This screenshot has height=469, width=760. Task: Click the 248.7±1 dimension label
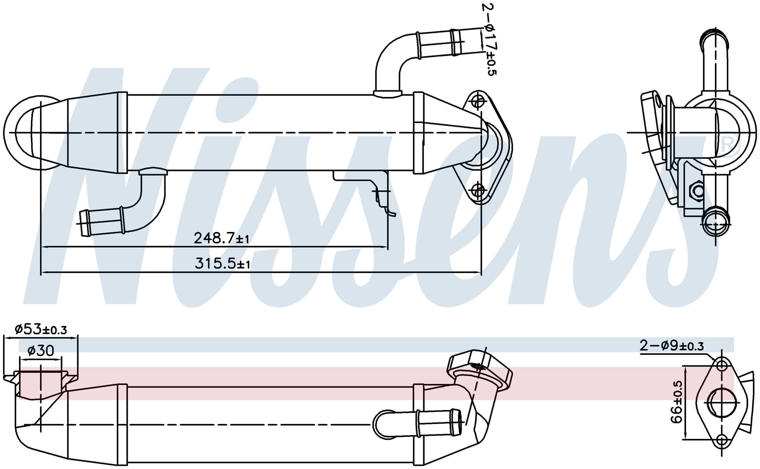tap(222, 238)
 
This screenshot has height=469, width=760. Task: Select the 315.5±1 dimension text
tap(222, 263)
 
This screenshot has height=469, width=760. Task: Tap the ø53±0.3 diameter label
tap(41, 329)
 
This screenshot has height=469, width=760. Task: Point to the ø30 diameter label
tap(41, 350)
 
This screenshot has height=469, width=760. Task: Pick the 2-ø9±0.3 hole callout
tap(672, 346)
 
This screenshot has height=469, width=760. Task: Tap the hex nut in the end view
tap(697, 191)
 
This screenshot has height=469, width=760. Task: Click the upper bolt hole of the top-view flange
tap(479, 101)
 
